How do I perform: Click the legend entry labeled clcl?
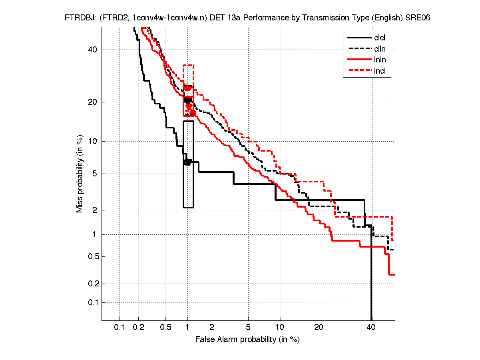pyautogui.click(x=380, y=38)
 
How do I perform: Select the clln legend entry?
pyautogui.click(x=380, y=49)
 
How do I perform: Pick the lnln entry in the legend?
pyautogui.click(x=380, y=60)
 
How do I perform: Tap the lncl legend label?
pyautogui.click(x=380, y=72)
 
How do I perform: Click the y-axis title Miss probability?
pyautogui.click(x=80, y=173)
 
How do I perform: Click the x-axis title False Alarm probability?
pyautogui.click(x=247, y=340)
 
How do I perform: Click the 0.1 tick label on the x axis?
pyautogui.click(x=120, y=328)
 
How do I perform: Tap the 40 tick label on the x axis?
pyautogui.click(x=371, y=328)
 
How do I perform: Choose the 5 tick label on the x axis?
pyautogui.click(x=248, y=328)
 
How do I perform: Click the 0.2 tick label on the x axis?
pyautogui.click(x=138, y=328)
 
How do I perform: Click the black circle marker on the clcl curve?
pyautogui.click(x=187, y=162)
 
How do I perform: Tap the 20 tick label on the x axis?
pyautogui.click(x=319, y=328)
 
